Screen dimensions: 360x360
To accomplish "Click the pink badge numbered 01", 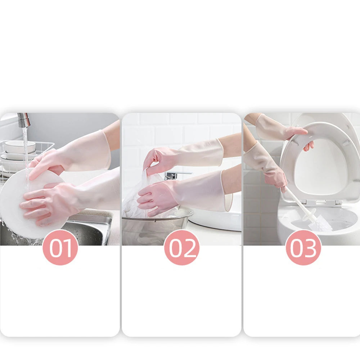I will pyautogui.click(x=60, y=247).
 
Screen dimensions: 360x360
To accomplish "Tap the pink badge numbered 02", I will pyautogui.click(x=182, y=247).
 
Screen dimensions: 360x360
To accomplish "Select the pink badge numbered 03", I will pyautogui.click(x=303, y=247).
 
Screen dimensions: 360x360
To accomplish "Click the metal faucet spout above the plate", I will pyautogui.click(x=24, y=120).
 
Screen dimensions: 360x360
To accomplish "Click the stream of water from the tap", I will pyautogui.click(x=25, y=151).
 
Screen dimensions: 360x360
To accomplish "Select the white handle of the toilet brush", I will pyautogui.click(x=299, y=205).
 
